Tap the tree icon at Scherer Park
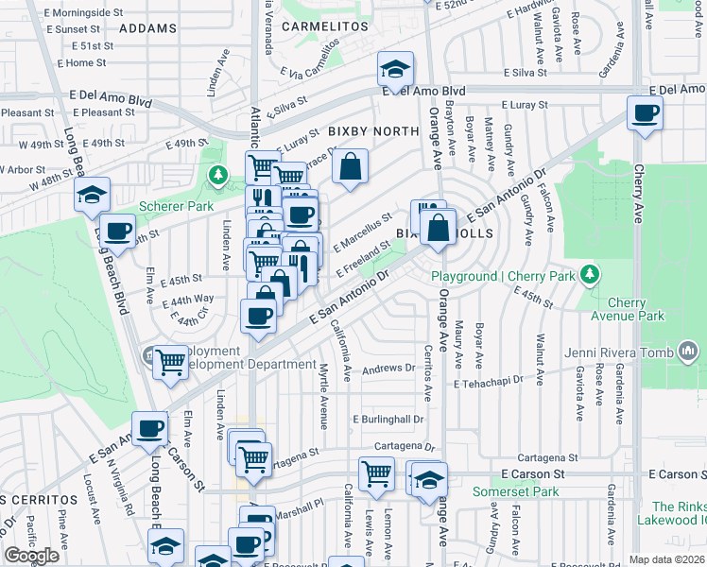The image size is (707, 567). coord(218,175)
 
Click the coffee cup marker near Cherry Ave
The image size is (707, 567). coord(647,114)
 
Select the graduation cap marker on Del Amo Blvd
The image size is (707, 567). coord(394,68)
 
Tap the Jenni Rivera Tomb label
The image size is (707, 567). coord(618,353)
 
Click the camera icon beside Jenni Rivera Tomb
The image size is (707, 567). coord(687,353)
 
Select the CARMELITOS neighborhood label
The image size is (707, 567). coord(324,27)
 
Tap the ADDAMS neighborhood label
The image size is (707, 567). coord(148,28)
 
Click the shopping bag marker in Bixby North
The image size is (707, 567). coord(350,167)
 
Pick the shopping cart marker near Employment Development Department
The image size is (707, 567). coord(171,361)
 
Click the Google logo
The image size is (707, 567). coord(32,556)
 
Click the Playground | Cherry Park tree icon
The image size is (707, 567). coord(591,274)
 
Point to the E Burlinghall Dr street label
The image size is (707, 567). coord(388,419)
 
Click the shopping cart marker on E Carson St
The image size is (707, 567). coord(376,473)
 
